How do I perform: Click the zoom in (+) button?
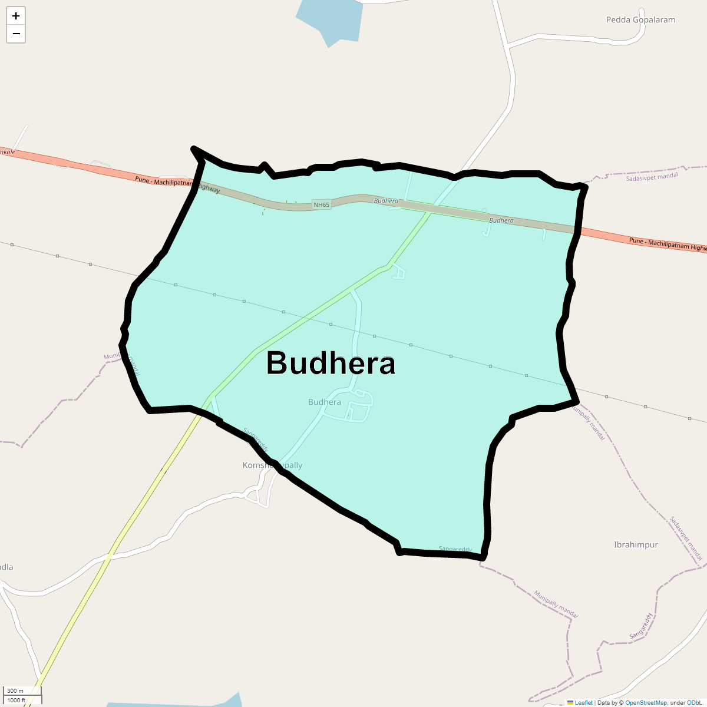point(16,16)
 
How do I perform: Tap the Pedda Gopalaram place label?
point(640,20)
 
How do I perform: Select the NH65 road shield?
point(322,205)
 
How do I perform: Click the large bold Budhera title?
point(331,363)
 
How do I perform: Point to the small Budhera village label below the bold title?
point(324,402)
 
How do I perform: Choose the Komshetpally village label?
point(272,465)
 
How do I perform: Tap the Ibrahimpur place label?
point(636,545)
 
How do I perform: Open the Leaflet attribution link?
point(583,703)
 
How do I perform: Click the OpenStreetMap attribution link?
point(646,703)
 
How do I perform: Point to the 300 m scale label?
point(15,691)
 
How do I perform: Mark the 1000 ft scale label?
point(16,701)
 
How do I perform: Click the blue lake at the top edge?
point(330,21)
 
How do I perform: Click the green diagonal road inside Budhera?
point(306,318)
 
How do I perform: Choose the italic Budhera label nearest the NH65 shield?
point(386,201)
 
